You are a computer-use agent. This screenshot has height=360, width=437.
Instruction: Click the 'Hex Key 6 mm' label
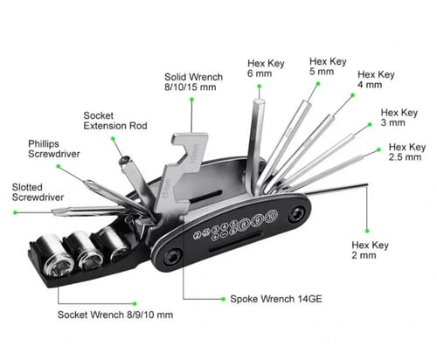(x=266, y=68)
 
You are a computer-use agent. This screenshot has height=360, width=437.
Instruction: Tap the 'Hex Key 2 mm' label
(x=370, y=250)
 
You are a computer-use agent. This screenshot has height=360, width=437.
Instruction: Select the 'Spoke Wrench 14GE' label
(x=276, y=299)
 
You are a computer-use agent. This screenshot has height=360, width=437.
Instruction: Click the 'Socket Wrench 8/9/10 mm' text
(x=115, y=315)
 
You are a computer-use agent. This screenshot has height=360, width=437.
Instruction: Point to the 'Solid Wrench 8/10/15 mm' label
(x=193, y=82)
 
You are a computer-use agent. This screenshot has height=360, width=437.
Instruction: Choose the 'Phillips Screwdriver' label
(x=54, y=149)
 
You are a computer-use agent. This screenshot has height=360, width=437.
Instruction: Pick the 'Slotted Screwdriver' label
(x=38, y=192)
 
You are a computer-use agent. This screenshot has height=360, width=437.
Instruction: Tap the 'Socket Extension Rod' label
(x=115, y=121)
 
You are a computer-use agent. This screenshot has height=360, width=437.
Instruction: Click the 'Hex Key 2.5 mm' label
(x=407, y=152)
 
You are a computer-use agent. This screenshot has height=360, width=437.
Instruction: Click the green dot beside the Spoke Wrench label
(x=223, y=299)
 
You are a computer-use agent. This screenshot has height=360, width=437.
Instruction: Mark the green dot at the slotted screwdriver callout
(x=15, y=212)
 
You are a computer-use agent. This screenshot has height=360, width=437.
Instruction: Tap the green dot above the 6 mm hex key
(x=259, y=87)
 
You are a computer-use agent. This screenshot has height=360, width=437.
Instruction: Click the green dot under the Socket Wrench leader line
(x=135, y=304)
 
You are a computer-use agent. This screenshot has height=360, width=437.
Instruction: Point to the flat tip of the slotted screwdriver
(x=53, y=211)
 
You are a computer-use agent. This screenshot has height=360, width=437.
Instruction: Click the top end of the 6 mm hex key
(x=259, y=101)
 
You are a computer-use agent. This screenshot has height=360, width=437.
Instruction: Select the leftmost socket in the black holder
(x=54, y=255)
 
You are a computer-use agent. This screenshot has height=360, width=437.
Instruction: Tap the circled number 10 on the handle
(x=271, y=216)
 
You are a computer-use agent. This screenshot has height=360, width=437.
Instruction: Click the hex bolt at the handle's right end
(x=297, y=215)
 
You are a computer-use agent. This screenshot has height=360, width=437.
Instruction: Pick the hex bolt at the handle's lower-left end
(x=171, y=257)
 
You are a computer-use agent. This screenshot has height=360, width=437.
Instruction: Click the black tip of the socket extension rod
(x=124, y=160)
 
